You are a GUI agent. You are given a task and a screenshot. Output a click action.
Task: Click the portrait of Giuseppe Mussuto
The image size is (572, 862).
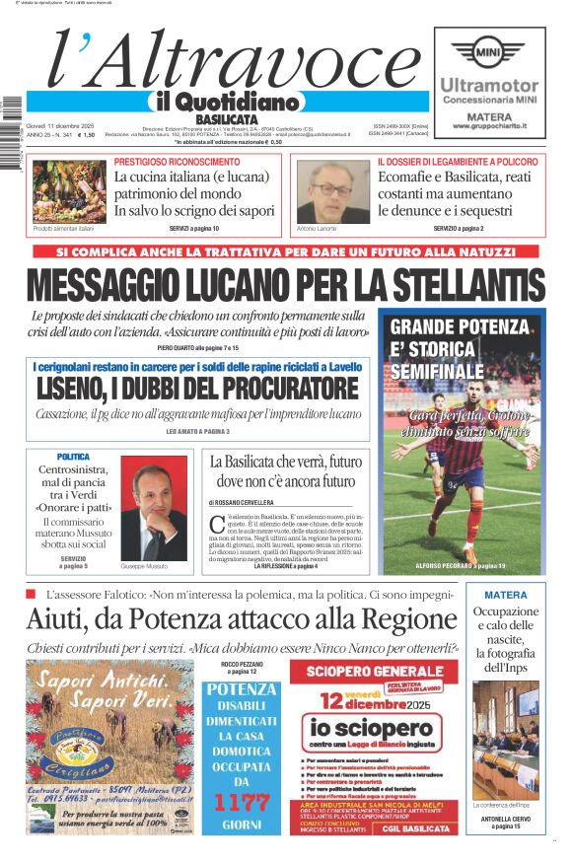(153, 509)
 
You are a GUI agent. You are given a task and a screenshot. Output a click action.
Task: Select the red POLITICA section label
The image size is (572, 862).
(73, 458)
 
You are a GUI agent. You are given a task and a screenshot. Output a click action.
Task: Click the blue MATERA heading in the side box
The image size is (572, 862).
(505, 595)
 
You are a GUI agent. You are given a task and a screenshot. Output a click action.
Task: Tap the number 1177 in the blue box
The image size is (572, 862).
(241, 802)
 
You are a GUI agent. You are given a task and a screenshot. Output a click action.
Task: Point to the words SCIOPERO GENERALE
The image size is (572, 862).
(374, 671)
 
